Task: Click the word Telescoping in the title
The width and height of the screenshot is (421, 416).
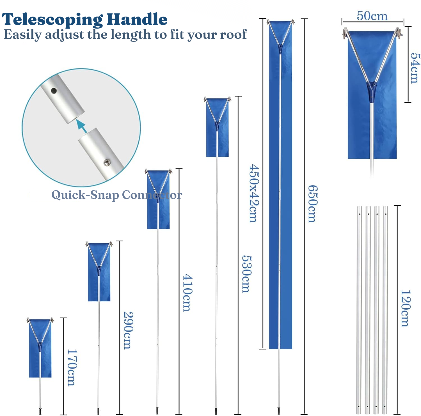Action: [x=52, y=20]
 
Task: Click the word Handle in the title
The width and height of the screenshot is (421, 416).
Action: [x=137, y=19]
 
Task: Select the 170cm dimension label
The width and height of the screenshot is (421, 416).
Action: [x=72, y=367]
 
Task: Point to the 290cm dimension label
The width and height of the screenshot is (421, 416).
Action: [x=128, y=330]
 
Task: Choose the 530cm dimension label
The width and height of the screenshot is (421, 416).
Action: [x=247, y=274]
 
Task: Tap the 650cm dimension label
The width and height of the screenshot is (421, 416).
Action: [x=313, y=204]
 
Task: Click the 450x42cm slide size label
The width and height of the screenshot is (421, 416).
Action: [x=254, y=194]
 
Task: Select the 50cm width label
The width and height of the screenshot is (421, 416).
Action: [x=372, y=16]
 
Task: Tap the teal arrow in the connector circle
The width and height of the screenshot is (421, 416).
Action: [x=82, y=126]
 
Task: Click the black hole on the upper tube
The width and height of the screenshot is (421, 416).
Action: [x=54, y=91]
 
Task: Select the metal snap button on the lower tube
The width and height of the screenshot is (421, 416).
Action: [x=107, y=162]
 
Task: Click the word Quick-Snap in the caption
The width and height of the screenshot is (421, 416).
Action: [x=85, y=195]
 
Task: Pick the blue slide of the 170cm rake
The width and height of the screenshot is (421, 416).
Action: [x=40, y=348]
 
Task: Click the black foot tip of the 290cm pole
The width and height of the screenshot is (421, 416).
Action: [x=98, y=411]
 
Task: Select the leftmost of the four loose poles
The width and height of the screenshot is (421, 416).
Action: [x=359, y=310]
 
